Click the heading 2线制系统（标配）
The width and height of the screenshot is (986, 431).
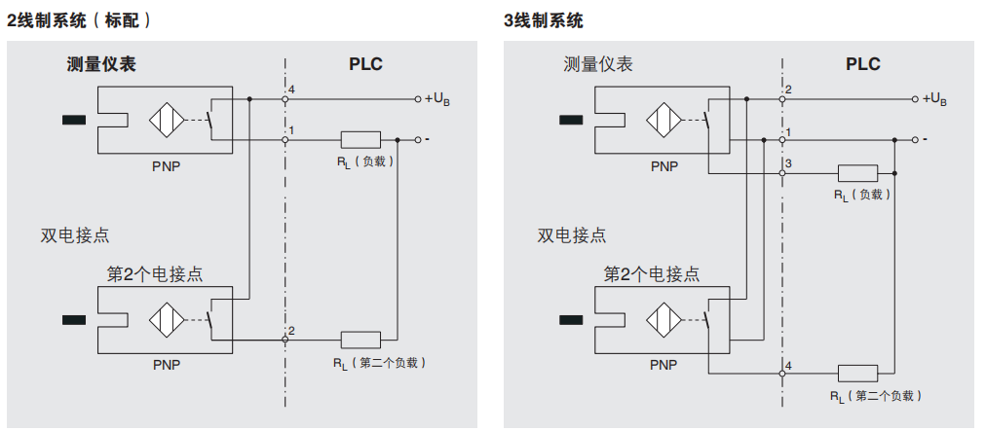[x=79, y=18]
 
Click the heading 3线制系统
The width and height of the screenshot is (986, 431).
[x=544, y=18]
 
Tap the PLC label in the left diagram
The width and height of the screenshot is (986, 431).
[x=365, y=64]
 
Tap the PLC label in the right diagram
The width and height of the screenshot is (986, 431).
[x=862, y=64]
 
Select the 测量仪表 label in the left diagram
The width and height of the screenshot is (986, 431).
[x=101, y=64]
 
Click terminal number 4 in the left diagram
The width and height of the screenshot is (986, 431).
[x=291, y=90]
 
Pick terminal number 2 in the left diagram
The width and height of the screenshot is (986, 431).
[x=291, y=331]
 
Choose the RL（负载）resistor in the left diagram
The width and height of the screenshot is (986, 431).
[x=360, y=139]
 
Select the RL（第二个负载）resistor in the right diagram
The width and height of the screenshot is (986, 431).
[x=857, y=373]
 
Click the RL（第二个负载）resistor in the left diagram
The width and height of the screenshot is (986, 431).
[x=360, y=340]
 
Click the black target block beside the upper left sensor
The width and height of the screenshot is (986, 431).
[x=73, y=121]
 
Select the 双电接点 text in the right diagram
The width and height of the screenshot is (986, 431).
[x=571, y=234]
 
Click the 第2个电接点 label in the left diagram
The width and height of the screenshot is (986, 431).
[x=154, y=273]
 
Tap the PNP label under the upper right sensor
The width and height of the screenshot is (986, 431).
[x=664, y=165]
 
